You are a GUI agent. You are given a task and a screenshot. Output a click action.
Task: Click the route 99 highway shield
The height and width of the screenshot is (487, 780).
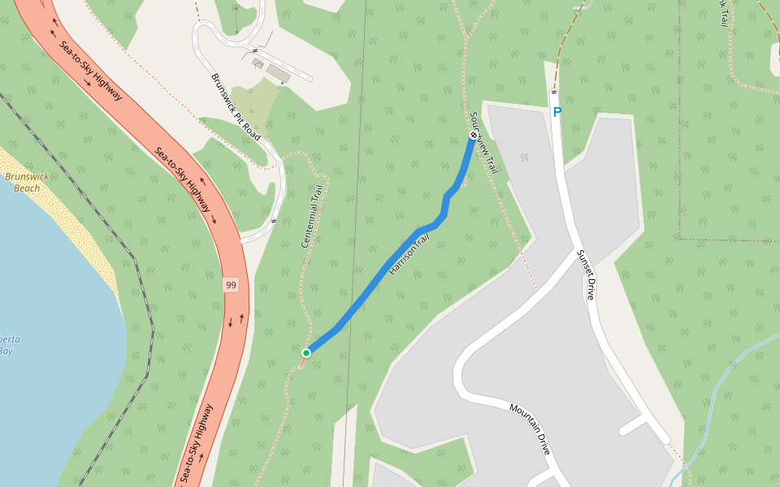[232, 285]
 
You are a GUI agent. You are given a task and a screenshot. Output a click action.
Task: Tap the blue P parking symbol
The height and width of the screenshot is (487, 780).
[557, 113]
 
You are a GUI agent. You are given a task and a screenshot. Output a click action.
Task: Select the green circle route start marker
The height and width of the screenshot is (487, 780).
[306, 352]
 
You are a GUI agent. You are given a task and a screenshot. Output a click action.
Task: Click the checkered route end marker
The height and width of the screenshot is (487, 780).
[473, 135]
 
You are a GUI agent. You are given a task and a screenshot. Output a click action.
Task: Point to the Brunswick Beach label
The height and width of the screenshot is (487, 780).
[27, 182]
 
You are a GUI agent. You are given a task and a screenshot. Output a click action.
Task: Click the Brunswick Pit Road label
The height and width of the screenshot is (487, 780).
[236, 107]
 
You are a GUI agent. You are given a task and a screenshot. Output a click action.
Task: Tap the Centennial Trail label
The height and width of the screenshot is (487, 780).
[313, 216]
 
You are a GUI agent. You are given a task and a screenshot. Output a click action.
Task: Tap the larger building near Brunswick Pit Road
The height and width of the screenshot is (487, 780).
[278, 74]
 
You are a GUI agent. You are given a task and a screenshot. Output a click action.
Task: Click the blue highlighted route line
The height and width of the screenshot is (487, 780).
[382, 276]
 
